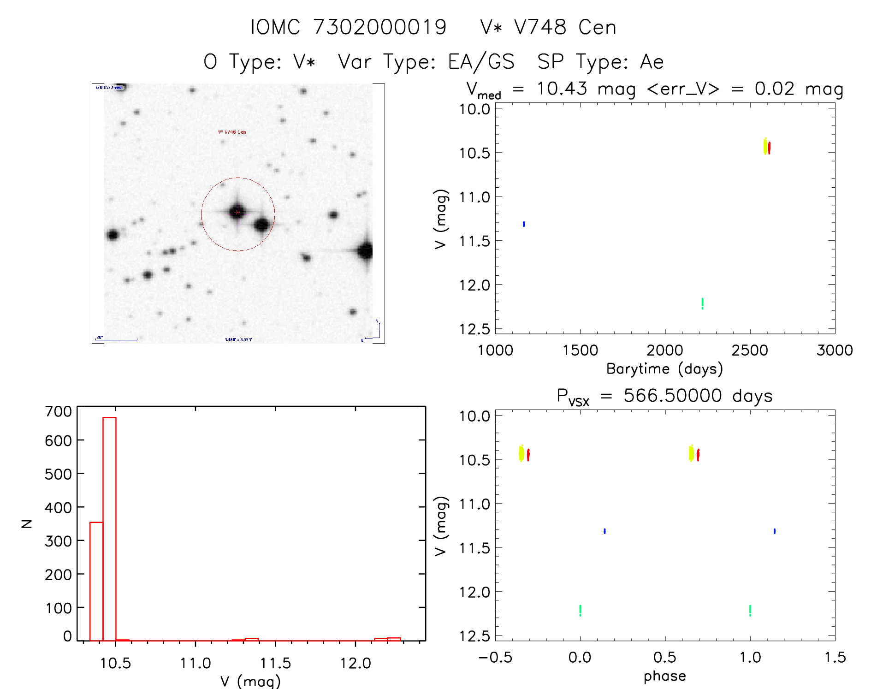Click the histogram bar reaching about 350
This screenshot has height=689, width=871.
(96, 581)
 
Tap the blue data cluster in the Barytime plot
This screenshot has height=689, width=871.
(524, 224)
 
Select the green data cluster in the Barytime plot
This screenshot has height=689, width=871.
(702, 303)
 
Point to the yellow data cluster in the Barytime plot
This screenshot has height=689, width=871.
(765, 147)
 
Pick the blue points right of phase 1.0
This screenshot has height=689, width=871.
(775, 531)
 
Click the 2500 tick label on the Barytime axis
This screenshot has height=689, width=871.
(750, 350)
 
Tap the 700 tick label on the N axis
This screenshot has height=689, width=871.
(58, 411)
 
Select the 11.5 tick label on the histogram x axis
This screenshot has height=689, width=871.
(275, 663)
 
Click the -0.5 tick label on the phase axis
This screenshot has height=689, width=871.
(495, 657)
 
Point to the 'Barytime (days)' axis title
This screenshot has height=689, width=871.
(664, 369)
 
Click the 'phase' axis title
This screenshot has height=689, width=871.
(664, 676)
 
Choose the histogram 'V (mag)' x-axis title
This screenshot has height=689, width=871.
(250, 681)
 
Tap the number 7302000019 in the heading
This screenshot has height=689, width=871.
(380, 27)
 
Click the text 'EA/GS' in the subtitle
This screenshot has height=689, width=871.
(481, 62)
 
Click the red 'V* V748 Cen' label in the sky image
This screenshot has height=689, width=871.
(232, 132)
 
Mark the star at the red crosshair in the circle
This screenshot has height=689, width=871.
(237, 212)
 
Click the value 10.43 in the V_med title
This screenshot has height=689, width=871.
(562, 89)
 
